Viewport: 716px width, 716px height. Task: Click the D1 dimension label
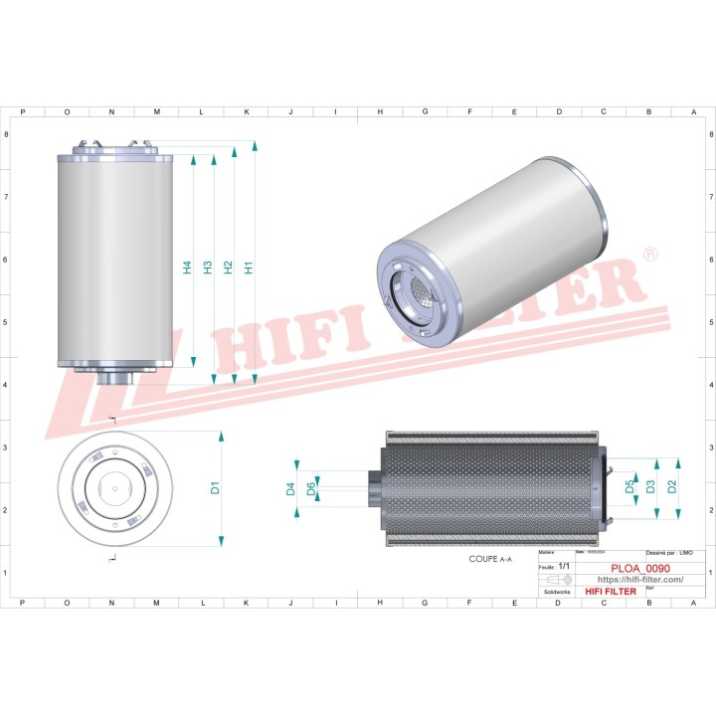pyautogui.click(x=214, y=488)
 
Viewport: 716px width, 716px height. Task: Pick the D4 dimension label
pyautogui.click(x=290, y=488)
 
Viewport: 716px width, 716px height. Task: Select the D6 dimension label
pyautogui.click(x=311, y=488)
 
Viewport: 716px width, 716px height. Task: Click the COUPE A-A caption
pyautogui.click(x=490, y=560)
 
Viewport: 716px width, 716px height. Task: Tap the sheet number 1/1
pyautogui.click(x=564, y=566)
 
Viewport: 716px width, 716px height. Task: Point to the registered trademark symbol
pyautogui.click(x=650, y=255)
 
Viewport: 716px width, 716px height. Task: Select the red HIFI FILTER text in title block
pyautogui.click(x=609, y=592)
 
